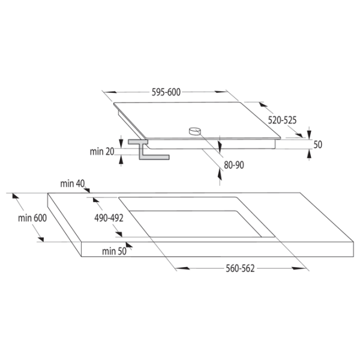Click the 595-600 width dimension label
point(166,92)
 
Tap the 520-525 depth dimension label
point(282,120)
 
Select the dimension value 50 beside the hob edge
point(318,145)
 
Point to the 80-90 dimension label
point(234,165)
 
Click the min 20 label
point(102,152)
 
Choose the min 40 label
point(73,184)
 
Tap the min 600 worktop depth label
point(32,218)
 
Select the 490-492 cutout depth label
point(109,218)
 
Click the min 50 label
point(115,251)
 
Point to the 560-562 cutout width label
point(240,268)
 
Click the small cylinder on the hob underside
point(194,131)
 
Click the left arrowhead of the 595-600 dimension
point(110,92)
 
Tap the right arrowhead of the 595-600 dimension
point(221,92)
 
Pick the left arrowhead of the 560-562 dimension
point(182,268)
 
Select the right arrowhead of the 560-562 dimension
point(299,268)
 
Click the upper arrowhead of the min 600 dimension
point(16,196)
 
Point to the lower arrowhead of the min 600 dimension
point(40,239)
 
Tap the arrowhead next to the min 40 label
point(87,190)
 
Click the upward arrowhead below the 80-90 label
point(220,175)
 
